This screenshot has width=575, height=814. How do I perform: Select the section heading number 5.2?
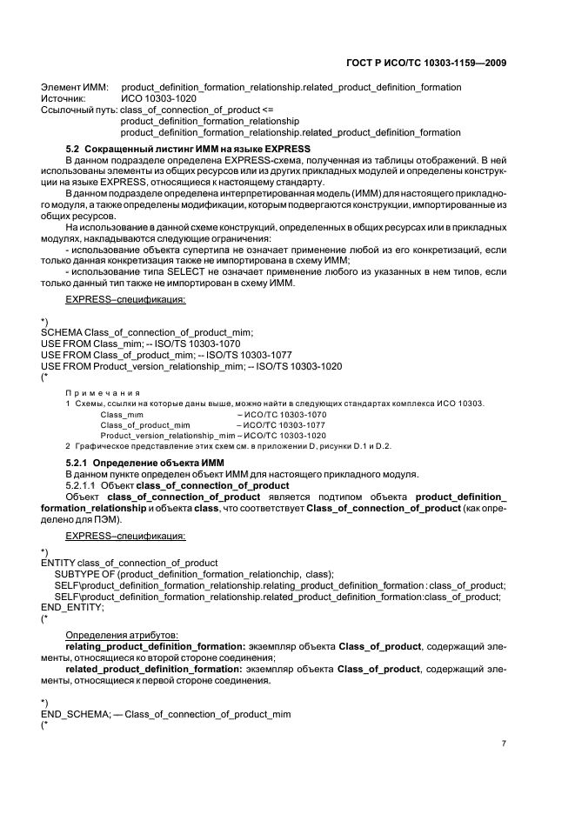(x=75, y=150)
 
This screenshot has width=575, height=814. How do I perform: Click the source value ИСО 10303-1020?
(x=159, y=99)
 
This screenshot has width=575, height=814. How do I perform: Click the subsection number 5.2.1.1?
(x=84, y=484)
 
